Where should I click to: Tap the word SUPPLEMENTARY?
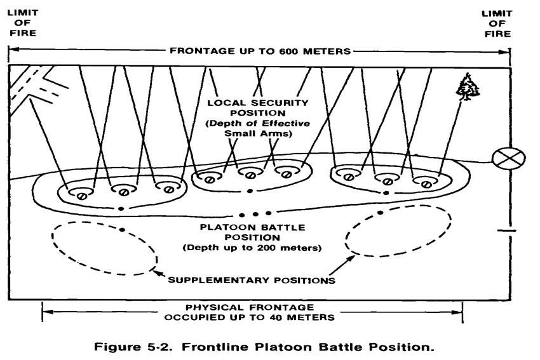click(212, 278)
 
